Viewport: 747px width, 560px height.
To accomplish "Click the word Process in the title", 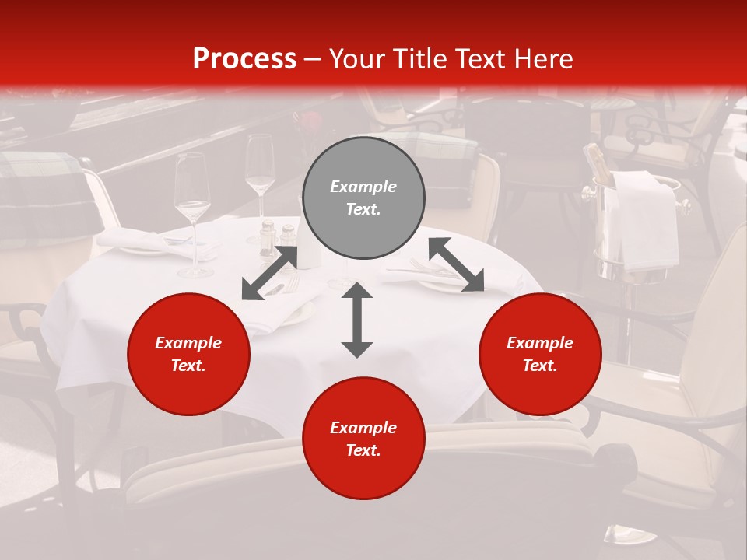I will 244,59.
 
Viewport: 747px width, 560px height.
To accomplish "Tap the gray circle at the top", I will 363,198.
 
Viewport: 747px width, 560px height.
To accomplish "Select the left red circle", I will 188,355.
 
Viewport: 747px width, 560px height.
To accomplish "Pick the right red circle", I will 540,355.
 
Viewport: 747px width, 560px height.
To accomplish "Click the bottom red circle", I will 363,439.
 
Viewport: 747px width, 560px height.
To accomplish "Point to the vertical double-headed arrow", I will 357,320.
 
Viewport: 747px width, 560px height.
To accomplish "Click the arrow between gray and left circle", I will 270,272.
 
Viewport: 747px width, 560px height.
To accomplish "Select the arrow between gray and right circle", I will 456,264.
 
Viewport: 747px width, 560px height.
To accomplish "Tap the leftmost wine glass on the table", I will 192,210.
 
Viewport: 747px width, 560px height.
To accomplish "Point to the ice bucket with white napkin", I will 634,226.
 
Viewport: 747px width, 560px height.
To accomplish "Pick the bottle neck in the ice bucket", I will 596,159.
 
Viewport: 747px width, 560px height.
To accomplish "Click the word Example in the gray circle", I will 363,187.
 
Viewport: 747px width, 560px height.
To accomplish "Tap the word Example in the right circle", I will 540,343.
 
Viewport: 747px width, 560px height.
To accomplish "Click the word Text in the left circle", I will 188,366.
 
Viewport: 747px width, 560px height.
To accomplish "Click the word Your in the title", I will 357,59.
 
